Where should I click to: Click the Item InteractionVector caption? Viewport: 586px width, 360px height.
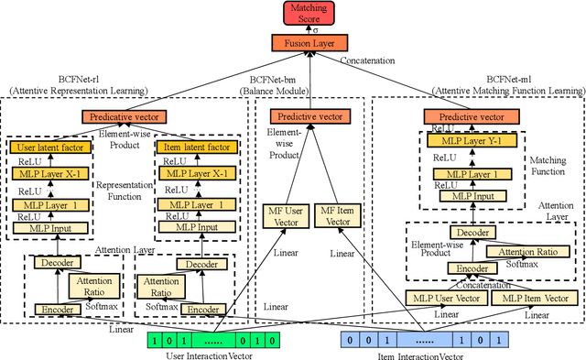[409, 354]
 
